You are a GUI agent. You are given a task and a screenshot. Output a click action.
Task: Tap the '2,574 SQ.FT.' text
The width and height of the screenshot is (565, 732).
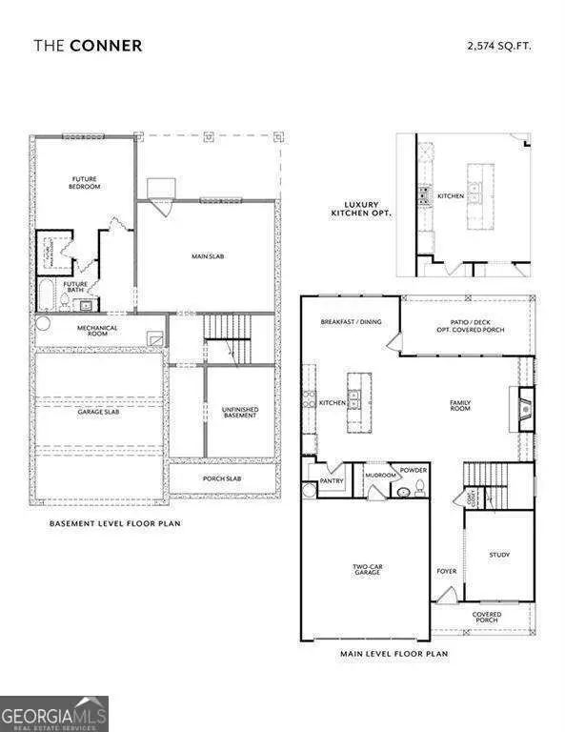tap(500, 45)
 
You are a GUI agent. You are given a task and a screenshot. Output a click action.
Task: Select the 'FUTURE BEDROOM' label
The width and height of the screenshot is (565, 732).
tap(86, 182)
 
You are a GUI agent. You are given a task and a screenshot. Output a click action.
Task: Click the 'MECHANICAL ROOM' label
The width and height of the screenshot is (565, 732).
tap(97, 331)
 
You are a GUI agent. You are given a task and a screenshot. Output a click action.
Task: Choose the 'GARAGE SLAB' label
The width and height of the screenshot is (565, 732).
tap(96, 413)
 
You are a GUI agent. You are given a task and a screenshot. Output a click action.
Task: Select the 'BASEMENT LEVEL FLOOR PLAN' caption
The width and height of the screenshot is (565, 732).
tap(114, 523)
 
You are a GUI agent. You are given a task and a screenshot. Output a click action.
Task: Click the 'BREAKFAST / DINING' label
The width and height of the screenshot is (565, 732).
tap(351, 322)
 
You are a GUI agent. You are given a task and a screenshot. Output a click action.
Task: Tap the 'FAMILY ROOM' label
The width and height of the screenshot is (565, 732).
tap(460, 405)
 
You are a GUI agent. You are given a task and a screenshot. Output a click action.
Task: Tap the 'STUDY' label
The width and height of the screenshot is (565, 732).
tap(499, 554)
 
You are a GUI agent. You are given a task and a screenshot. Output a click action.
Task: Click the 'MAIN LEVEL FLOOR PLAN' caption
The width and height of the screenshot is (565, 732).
tap(393, 654)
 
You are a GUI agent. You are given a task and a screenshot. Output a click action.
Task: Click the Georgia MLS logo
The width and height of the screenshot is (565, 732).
tap(54, 713)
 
